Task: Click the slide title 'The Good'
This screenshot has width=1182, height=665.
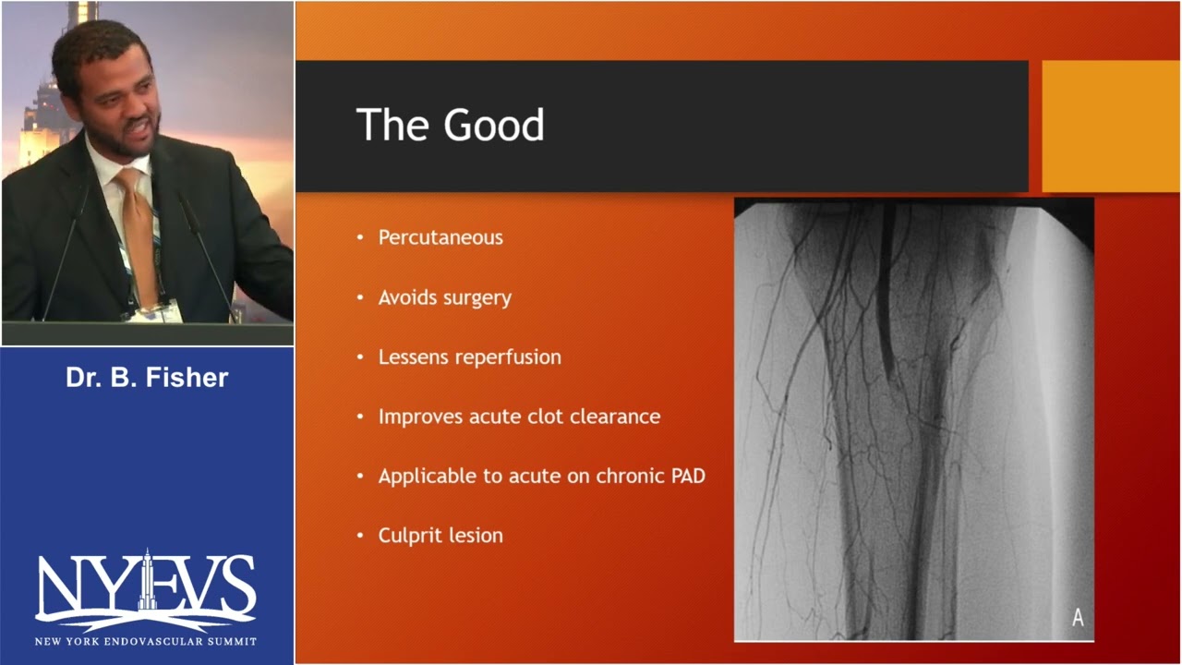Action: (x=450, y=126)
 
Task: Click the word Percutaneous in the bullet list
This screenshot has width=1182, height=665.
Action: (x=440, y=237)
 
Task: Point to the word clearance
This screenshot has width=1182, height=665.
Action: (x=615, y=417)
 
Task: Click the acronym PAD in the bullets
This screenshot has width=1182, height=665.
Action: (x=685, y=477)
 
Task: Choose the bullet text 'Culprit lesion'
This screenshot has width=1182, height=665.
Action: (x=440, y=536)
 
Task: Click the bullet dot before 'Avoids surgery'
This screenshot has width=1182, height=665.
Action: (x=360, y=298)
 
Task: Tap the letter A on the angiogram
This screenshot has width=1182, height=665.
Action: (x=1078, y=618)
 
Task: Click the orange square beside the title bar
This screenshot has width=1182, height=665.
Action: (x=1111, y=126)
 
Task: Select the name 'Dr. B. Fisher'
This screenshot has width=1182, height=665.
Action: (x=147, y=378)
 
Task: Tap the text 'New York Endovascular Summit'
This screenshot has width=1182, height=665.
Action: (x=146, y=641)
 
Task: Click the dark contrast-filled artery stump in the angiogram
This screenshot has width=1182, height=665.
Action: (x=886, y=296)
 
